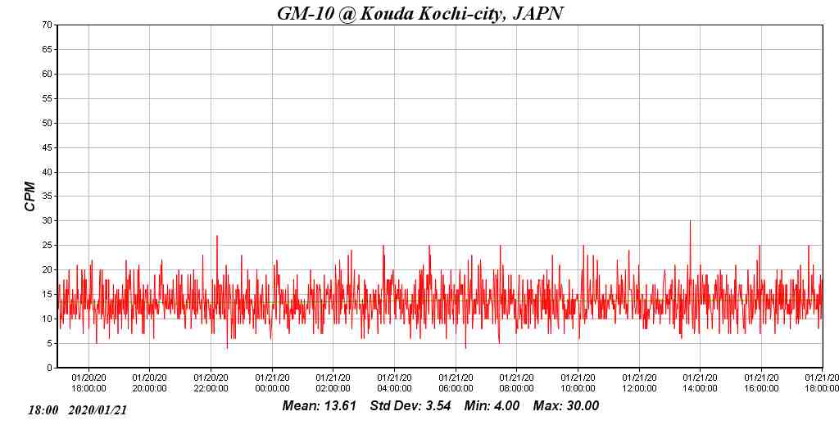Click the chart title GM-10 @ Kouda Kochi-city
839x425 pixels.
pos(419,13)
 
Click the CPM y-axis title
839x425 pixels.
pos(30,197)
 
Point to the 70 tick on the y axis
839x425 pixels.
pos(48,25)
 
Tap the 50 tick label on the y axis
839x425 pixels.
pos(48,124)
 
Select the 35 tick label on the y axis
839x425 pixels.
pos(48,197)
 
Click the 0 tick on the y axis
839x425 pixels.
pos(49,368)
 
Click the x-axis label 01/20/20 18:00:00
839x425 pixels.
pos(88,383)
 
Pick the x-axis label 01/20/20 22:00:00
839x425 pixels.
pos(211,383)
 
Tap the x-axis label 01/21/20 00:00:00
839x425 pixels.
pos(272,383)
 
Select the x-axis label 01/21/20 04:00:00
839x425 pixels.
pos(394,383)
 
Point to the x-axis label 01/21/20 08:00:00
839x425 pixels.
pos(516,383)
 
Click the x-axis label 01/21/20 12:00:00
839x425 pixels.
pos(638,383)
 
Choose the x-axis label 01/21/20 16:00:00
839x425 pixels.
pos(761,383)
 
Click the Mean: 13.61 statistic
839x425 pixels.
pos(319,406)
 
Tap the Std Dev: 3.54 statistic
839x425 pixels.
pos(410,406)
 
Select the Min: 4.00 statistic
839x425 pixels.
pos(492,406)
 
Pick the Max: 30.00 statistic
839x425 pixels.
pos(566,406)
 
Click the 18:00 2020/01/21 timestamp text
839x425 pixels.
pos(77,409)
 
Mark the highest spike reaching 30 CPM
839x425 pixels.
pos(690,222)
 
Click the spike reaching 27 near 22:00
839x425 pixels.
pos(217,237)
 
